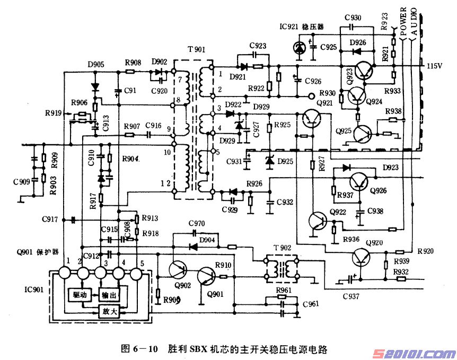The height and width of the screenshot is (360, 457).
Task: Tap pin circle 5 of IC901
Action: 136,273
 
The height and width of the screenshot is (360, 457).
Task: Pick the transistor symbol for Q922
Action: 319,221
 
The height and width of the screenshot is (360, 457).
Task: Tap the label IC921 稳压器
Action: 301,26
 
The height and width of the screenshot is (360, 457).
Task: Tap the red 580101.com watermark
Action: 411,353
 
